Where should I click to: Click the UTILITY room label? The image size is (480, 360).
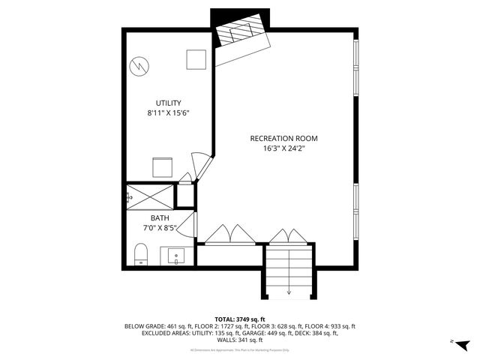pyautogui.click(x=169, y=103)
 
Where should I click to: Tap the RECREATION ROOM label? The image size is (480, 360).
pyautogui.click(x=284, y=138)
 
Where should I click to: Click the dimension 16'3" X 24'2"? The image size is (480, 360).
pyautogui.click(x=284, y=148)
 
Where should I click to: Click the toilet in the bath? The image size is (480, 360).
pyautogui.click(x=141, y=255)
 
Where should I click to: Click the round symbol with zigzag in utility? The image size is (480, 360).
pyautogui.click(x=138, y=66)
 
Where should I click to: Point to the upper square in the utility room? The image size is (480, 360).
pyautogui.click(x=196, y=59)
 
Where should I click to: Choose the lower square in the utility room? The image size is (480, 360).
pyautogui.click(x=163, y=166)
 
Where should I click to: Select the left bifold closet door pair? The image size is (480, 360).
pyautogui.click(x=229, y=235)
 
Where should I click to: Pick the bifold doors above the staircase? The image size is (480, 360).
pyautogui.click(x=289, y=235)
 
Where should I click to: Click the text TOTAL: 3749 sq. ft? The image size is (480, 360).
pyautogui.click(x=239, y=319)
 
